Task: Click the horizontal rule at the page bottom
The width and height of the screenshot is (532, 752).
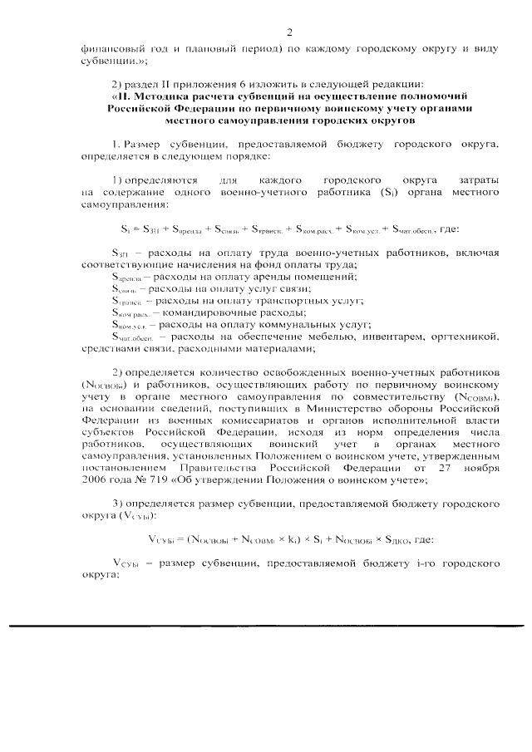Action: (x=266, y=624)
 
